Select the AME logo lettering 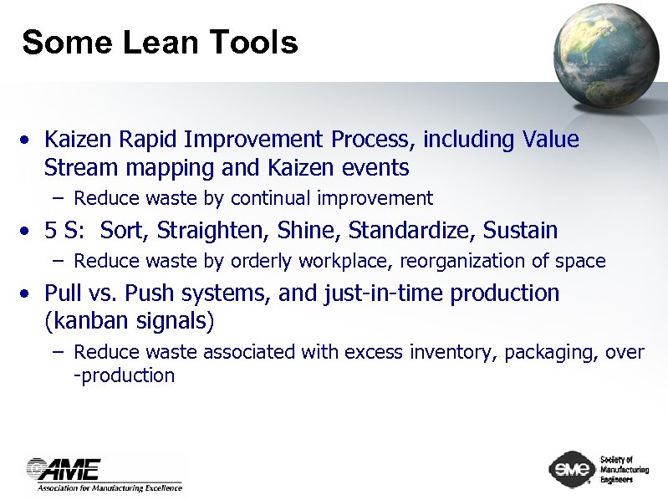click(65, 468)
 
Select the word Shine click(315, 230)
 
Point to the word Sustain click(518, 230)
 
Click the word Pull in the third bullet click(62, 293)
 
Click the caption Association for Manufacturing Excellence click(109, 487)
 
